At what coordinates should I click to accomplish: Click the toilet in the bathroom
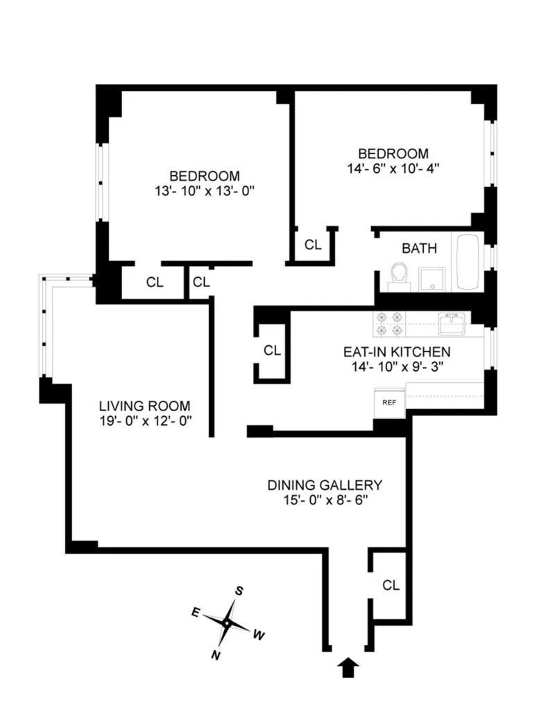click(x=398, y=274)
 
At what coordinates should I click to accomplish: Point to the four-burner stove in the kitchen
click(x=390, y=323)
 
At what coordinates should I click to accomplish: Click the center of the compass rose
click(x=227, y=622)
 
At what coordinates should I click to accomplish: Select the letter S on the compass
click(x=239, y=591)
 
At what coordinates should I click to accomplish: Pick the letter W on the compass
click(x=259, y=635)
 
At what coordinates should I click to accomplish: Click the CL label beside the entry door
click(x=391, y=586)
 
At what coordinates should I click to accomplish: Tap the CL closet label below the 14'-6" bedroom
click(x=314, y=245)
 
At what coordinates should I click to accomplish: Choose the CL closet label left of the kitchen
click(x=272, y=351)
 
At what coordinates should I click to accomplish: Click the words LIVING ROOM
click(x=144, y=406)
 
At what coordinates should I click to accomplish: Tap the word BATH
click(x=420, y=248)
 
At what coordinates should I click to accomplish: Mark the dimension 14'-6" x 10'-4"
click(x=393, y=168)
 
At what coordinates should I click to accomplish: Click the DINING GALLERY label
click(x=325, y=485)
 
